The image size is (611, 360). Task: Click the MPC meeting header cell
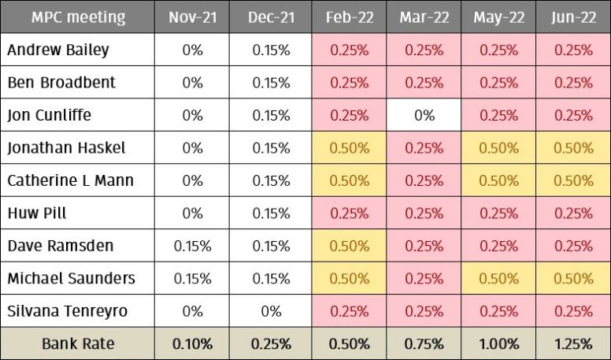77,17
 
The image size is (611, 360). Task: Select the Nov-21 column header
192,17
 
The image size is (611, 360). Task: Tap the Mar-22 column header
424,17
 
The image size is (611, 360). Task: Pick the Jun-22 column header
573,17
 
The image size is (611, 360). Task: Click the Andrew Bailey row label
58,50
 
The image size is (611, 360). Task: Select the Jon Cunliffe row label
49,115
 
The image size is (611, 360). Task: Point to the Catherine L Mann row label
71,180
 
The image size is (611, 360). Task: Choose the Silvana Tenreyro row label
68,311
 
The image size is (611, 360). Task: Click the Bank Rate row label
78,343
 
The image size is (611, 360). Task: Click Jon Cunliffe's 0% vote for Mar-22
424,115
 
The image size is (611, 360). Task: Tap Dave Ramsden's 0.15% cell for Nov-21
192,246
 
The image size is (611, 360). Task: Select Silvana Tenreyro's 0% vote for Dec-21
270,311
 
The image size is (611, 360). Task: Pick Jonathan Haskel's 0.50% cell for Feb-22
349,148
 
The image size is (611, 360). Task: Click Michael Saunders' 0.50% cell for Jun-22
573,279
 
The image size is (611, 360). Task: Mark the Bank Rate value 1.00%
498,343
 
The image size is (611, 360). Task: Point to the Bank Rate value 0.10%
192,343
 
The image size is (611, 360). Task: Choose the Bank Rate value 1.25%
573,343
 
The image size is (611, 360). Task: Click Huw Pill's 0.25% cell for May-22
498,213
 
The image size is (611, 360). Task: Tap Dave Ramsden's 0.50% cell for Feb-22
349,246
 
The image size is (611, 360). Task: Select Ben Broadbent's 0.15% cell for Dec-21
270,82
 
